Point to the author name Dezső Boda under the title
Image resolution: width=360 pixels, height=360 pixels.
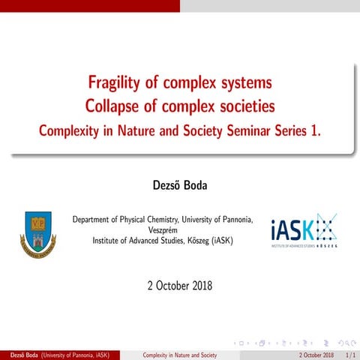[179, 184]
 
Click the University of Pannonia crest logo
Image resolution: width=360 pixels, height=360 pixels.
[37, 233]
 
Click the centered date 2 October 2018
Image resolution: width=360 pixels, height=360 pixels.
[180, 286]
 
